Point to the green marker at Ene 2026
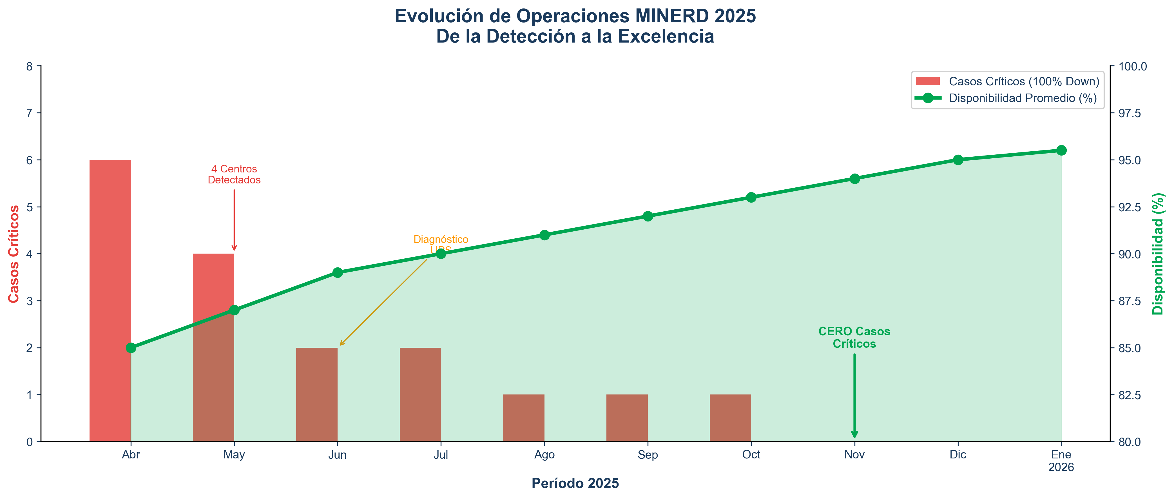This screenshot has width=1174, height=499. (1061, 150)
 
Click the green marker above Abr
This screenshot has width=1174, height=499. (131, 348)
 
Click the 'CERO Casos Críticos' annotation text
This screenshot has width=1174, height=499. (854, 338)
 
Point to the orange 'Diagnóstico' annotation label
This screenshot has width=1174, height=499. (440, 239)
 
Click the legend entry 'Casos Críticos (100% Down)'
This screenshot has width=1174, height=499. (1024, 81)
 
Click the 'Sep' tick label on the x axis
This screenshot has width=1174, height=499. (648, 455)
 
